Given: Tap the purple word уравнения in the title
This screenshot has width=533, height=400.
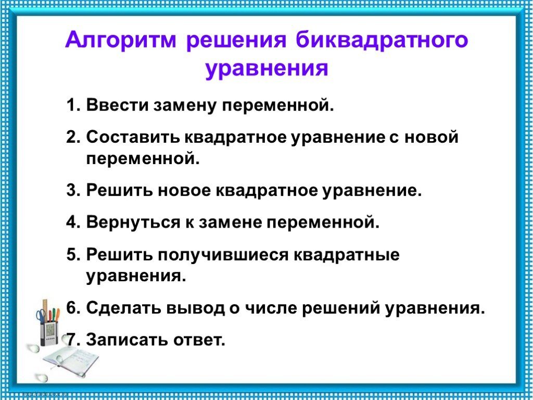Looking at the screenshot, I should [x=266, y=69].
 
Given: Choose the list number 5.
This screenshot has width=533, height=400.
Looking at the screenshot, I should [x=71, y=255].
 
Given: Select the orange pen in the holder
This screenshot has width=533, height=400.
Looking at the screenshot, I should [x=57, y=314].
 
